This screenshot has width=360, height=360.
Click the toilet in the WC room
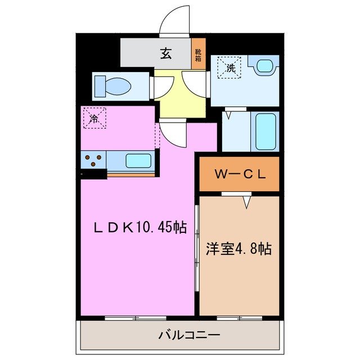112,86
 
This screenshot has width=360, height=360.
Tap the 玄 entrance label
165,54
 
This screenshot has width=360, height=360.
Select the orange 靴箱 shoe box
199,55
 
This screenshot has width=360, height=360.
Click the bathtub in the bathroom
265,130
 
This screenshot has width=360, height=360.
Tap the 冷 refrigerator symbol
94,118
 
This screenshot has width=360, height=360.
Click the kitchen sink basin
138,161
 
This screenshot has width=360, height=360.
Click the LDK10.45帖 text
139,227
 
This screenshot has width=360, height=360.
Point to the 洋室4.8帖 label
238,248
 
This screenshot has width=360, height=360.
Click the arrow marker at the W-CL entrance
246,201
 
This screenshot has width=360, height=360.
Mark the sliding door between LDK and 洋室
197,247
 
